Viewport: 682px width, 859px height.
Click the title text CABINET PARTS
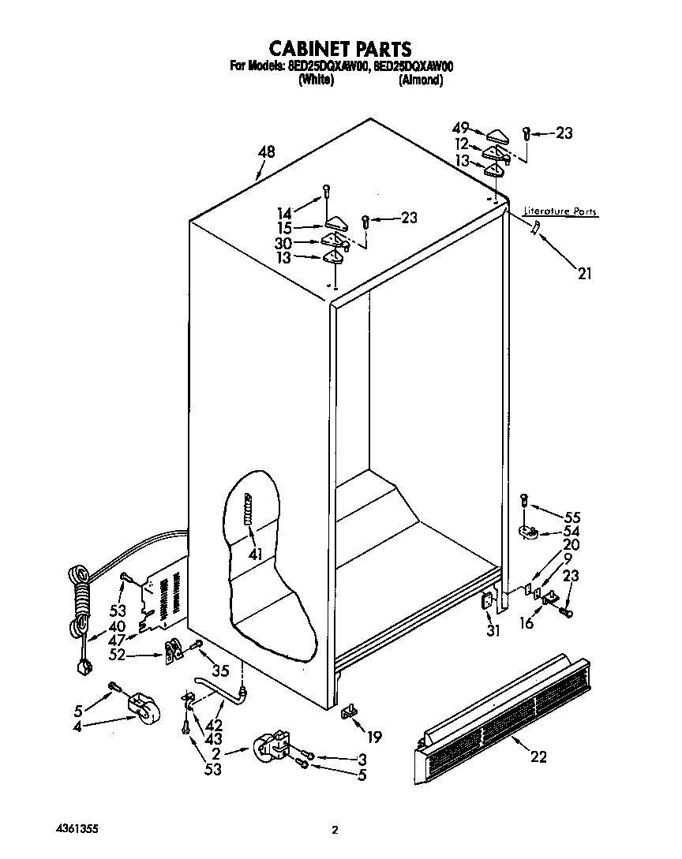[x=340, y=50]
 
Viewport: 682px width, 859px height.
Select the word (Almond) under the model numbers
[x=420, y=80]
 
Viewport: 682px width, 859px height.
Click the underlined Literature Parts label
[x=560, y=212]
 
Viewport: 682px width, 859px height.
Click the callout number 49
[x=461, y=128]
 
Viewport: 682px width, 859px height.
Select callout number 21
[x=584, y=274]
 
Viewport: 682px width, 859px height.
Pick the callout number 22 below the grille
[x=538, y=758]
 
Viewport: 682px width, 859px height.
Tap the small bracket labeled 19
[x=349, y=712]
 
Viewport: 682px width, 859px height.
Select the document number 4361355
[x=77, y=830]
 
